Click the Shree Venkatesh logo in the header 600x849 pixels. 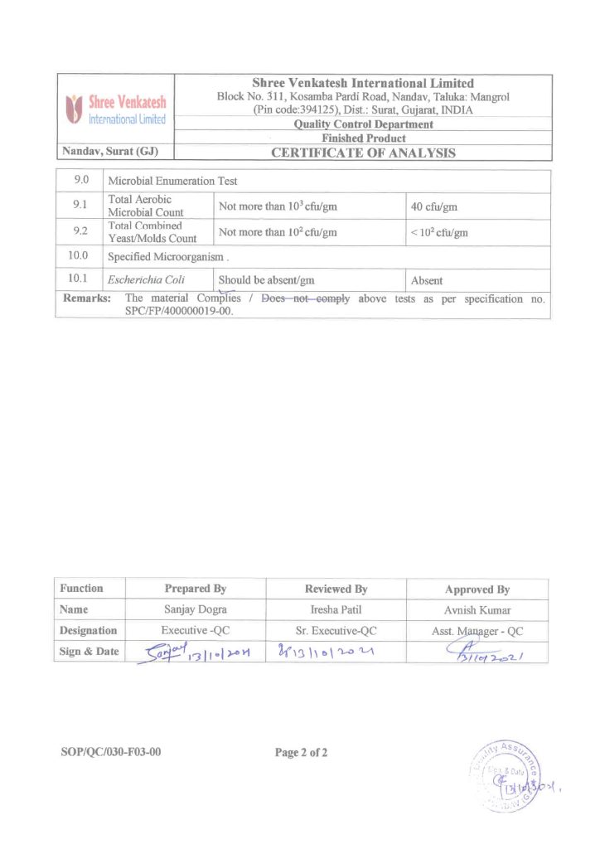(x=115, y=109)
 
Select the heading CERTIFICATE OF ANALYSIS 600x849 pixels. (x=363, y=153)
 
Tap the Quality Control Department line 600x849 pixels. (x=363, y=124)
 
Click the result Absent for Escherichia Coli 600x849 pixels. (x=427, y=281)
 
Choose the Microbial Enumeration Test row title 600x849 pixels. (x=172, y=180)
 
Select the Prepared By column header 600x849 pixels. (x=195, y=589)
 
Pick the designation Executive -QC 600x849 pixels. (x=195, y=631)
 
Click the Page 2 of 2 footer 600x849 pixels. (x=302, y=753)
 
